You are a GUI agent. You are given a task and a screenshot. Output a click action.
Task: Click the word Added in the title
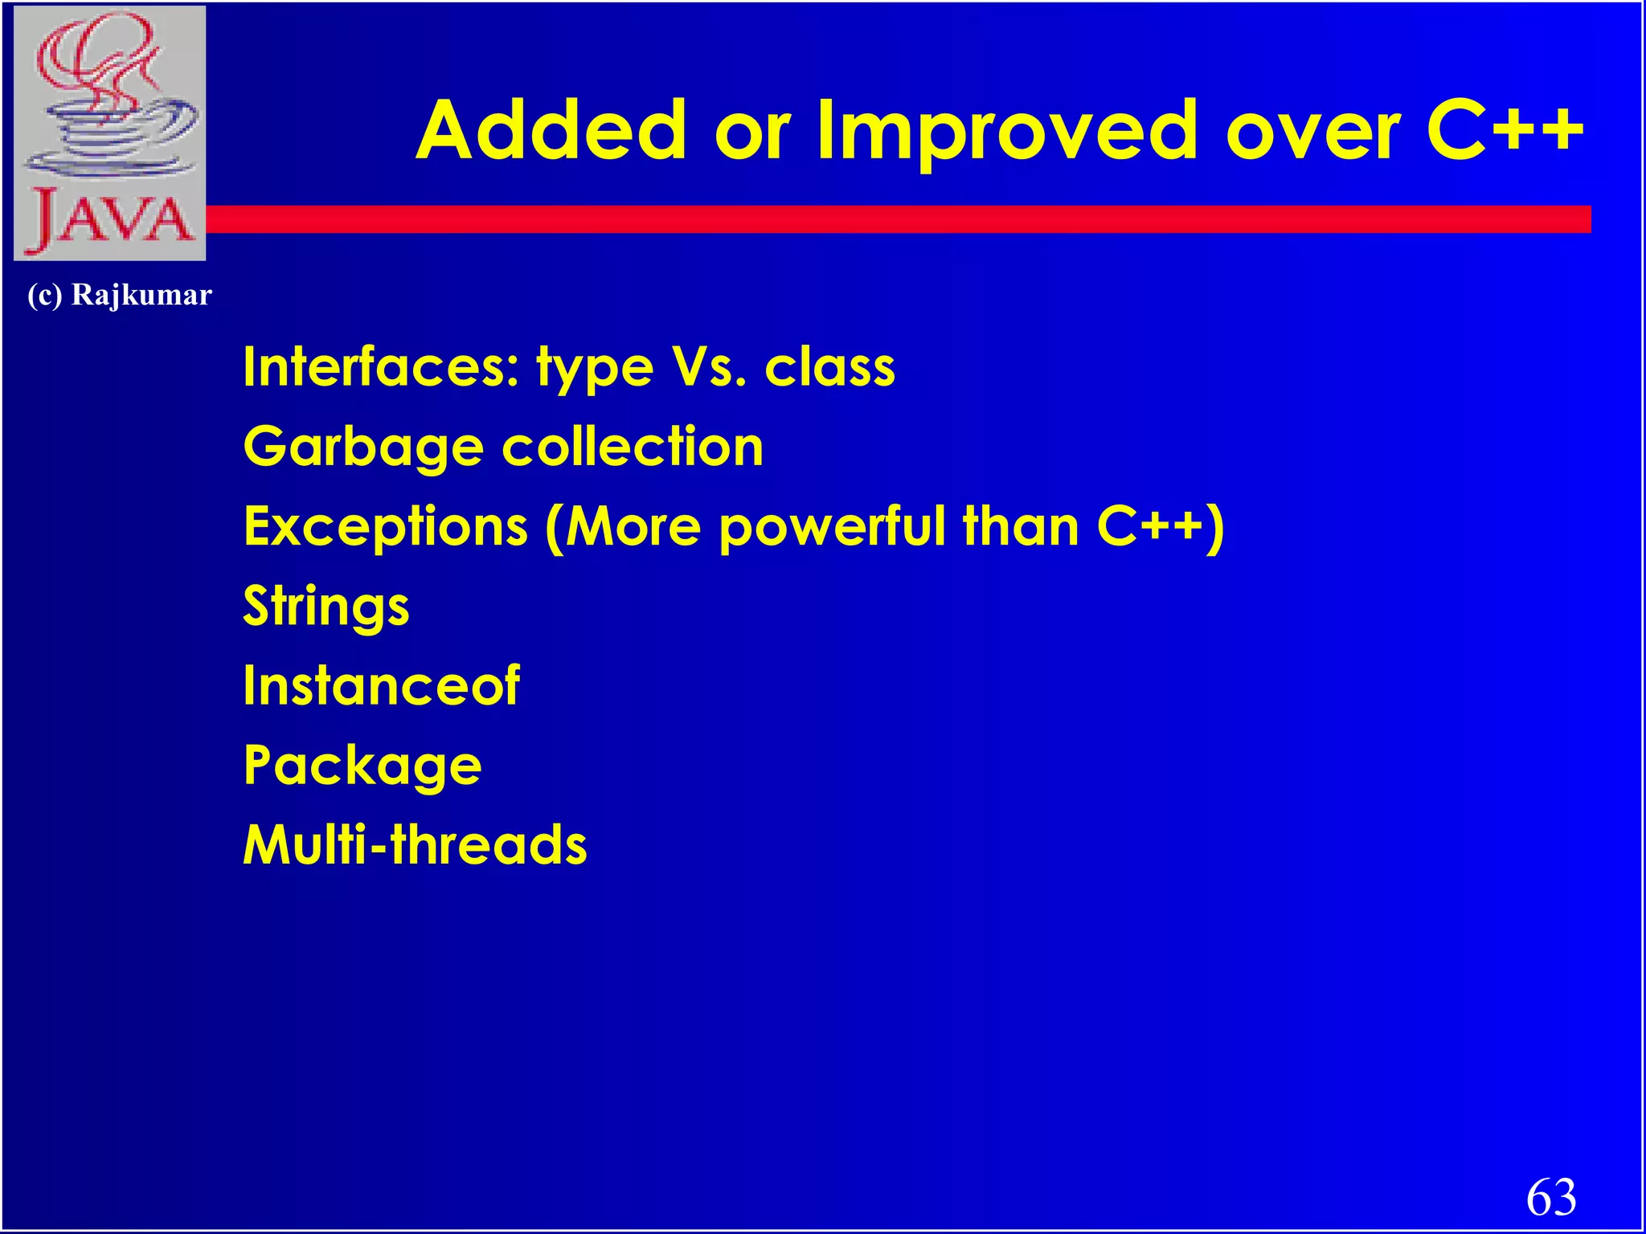click(551, 130)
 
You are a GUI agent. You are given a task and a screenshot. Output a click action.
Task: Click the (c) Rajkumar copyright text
click(120, 295)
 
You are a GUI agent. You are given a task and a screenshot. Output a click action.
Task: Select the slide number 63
click(1551, 1196)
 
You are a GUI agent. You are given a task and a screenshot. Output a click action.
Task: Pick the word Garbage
click(362, 447)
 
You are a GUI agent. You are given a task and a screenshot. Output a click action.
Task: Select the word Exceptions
click(386, 528)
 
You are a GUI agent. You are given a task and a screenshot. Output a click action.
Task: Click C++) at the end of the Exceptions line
click(1160, 528)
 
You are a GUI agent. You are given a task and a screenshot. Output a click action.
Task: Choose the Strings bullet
click(326, 607)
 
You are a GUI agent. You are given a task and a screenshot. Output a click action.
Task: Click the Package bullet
click(362, 766)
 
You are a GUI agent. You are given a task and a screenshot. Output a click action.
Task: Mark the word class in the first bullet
click(829, 366)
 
